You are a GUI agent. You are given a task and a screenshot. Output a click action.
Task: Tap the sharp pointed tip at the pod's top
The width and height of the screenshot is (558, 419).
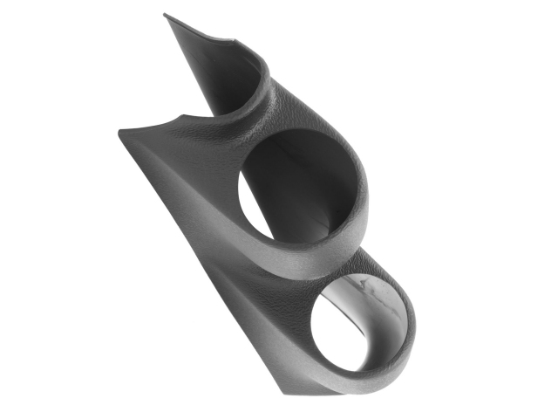[x=166, y=15]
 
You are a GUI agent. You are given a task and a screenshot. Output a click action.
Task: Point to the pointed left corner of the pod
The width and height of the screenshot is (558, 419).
[x=119, y=134]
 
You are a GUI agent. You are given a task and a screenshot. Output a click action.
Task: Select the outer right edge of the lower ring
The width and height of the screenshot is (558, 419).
[x=412, y=332]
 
